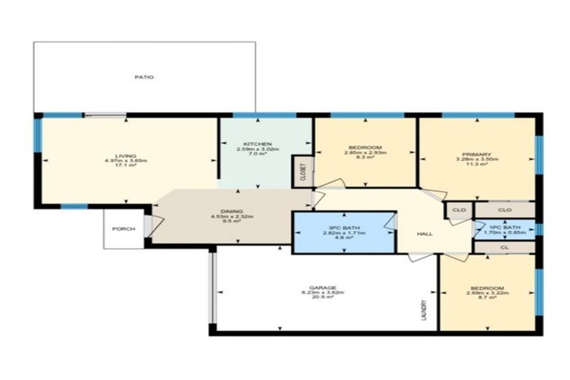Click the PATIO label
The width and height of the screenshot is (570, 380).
(144, 77)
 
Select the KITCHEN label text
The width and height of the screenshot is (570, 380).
(258, 143)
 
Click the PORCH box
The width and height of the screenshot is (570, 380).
(123, 229)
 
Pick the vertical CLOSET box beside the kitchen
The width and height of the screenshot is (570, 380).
(302, 172)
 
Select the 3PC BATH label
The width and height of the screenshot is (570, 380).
(342, 226)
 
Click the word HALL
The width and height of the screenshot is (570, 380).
(425, 234)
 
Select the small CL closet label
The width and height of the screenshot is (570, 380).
(505, 246)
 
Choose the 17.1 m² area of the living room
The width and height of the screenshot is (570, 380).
(125, 165)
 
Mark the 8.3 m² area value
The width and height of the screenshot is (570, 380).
(363, 157)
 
